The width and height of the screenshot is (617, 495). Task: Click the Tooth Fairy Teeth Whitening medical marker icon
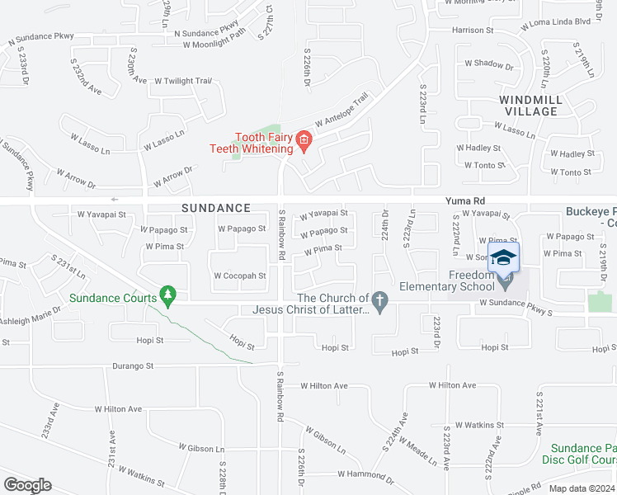tap(304, 141)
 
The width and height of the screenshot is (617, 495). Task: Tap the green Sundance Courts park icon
tap(168, 295)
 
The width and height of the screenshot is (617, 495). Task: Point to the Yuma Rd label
tap(464, 200)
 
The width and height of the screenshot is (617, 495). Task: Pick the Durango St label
tap(134, 365)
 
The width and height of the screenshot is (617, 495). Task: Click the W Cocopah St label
tap(240, 276)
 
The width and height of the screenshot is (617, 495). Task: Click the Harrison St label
tap(473, 30)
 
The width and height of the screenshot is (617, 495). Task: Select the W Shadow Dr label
tap(489, 64)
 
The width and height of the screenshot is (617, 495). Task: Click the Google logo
tap(27, 485)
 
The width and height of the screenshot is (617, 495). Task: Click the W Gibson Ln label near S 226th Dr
tap(325, 438)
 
